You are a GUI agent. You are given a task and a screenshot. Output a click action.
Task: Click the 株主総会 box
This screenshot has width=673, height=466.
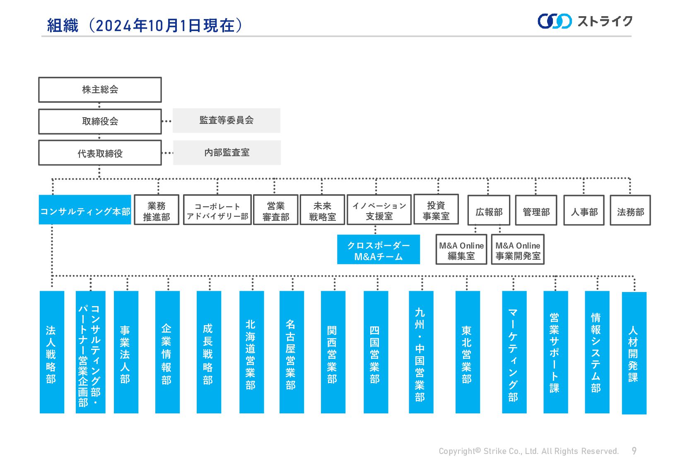(x=100, y=89)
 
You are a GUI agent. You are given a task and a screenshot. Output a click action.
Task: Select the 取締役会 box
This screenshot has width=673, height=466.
(x=100, y=121)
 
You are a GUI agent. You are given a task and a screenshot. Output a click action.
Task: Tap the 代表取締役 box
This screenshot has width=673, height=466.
(x=100, y=153)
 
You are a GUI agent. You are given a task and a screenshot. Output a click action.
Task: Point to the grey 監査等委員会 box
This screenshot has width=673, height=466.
(x=226, y=121)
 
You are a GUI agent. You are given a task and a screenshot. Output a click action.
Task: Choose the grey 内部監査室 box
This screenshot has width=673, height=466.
(x=227, y=152)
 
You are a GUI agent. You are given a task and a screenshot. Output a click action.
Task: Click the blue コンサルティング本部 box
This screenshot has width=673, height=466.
(x=85, y=210)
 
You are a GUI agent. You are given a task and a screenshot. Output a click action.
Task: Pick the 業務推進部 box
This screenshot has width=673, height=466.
(x=157, y=210)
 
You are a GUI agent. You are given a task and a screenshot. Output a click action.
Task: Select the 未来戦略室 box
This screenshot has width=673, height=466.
(x=322, y=210)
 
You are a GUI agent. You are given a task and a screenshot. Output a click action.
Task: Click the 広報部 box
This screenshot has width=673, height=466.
(x=489, y=211)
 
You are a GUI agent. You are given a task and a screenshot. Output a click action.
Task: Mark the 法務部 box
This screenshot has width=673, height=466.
(x=630, y=211)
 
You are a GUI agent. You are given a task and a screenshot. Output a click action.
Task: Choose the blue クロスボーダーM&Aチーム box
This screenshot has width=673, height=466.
(x=378, y=250)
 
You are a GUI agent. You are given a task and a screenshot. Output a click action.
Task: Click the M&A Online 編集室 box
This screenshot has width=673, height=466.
(x=461, y=250)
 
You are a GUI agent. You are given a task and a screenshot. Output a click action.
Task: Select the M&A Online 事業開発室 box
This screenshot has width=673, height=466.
(x=518, y=250)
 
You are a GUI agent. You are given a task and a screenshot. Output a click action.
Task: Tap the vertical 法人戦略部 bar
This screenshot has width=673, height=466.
(x=52, y=352)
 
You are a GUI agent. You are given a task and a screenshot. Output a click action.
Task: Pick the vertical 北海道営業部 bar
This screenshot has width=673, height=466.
(x=251, y=352)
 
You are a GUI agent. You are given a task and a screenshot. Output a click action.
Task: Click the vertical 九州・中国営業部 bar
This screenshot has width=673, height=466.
(x=421, y=352)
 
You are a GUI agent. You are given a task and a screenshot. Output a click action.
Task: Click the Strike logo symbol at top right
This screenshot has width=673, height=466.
(x=554, y=21)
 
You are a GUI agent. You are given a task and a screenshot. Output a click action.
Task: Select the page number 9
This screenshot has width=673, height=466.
(x=634, y=451)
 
